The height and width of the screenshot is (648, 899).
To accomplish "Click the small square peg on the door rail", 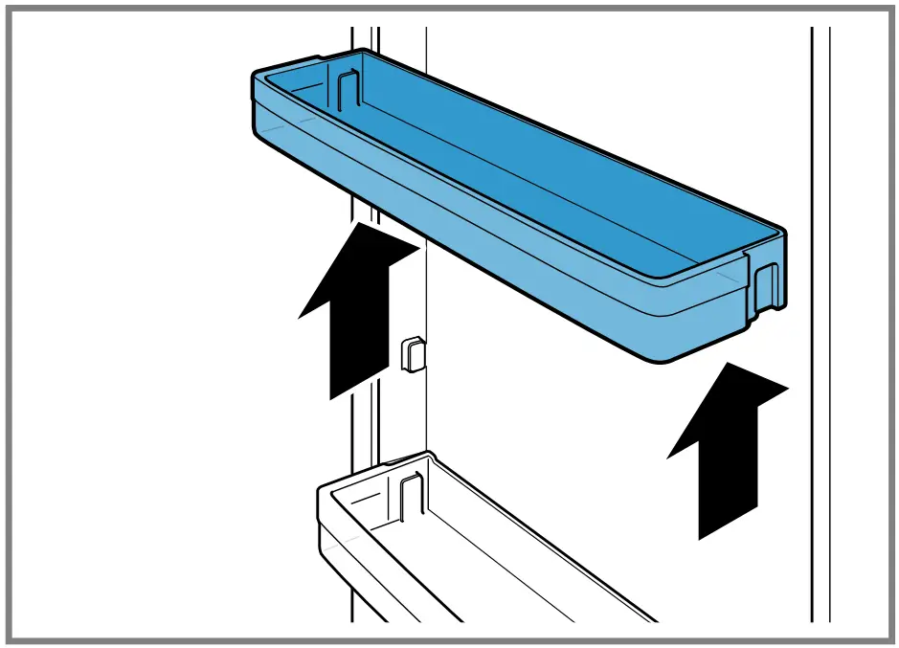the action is [410, 352].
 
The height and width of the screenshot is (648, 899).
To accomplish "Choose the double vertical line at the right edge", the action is [820, 325].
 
